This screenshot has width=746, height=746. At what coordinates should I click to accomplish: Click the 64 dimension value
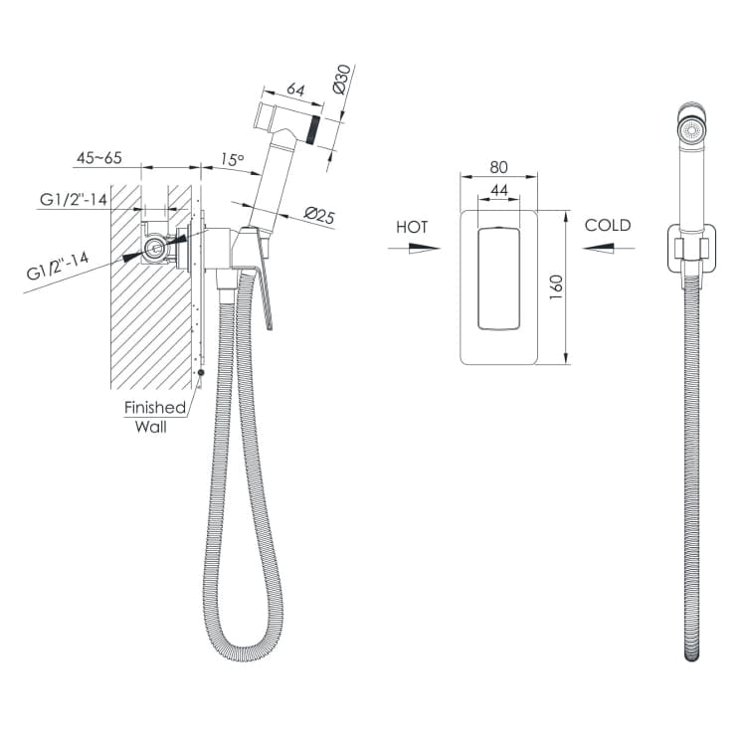(295, 90)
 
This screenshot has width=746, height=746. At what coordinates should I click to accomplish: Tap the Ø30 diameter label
(342, 79)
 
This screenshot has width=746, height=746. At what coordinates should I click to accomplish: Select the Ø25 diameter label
(319, 216)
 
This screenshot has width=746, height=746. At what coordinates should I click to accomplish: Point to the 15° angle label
(232, 159)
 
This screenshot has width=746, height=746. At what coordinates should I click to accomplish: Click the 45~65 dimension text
(99, 157)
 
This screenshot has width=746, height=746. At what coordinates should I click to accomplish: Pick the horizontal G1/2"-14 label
(74, 199)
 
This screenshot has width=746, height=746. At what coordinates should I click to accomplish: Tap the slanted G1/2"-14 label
(58, 266)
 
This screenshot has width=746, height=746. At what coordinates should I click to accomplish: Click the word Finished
(155, 407)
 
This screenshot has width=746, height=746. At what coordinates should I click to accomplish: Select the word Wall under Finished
(151, 427)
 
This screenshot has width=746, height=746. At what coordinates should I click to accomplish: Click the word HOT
(412, 227)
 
